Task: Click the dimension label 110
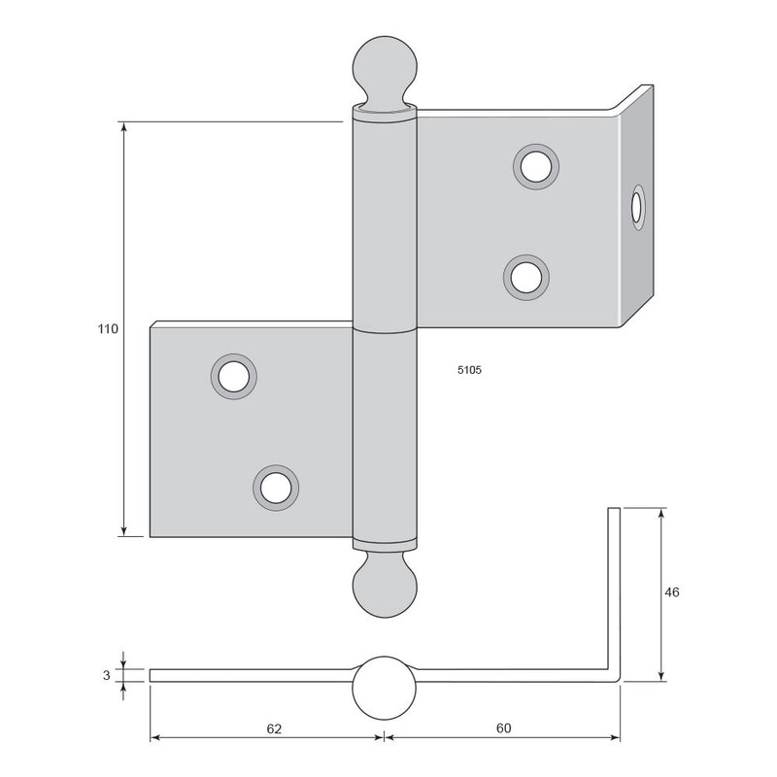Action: (x=108, y=328)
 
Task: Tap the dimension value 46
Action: (x=671, y=592)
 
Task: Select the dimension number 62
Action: (x=274, y=728)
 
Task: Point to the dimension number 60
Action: (x=503, y=727)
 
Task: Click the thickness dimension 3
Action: (x=107, y=675)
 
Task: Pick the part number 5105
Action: (x=469, y=370)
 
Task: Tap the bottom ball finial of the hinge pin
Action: (x=385, y=586)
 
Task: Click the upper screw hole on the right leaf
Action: (x=536, y=167)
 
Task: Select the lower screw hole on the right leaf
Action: (x=526, y=278)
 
